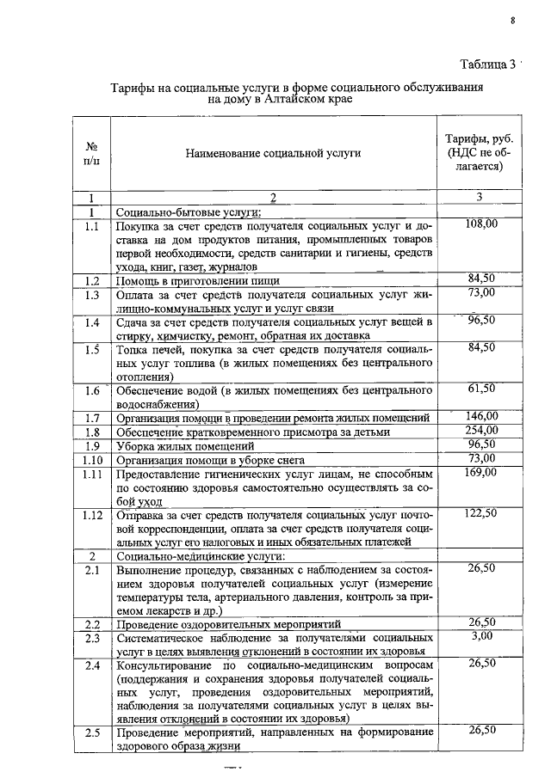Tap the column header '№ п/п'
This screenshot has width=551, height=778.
90,153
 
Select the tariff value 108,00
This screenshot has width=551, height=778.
481,224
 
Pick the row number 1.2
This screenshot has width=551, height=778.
92,279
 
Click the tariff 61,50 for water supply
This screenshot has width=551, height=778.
481,389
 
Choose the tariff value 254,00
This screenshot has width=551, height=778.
481,432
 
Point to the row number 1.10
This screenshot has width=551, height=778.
92,460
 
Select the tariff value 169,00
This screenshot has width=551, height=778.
481,472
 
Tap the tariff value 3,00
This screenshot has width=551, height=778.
481,636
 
